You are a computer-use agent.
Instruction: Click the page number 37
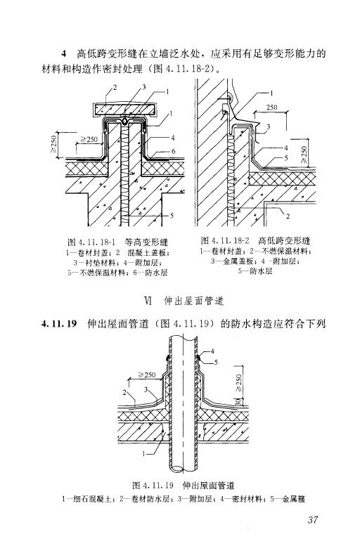pyautogui.click(x=313, y=519)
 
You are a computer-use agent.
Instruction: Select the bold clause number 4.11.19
pyautogui.click(x=59, y=323)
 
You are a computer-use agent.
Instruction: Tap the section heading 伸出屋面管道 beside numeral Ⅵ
pyautogui.click(x=194, y=301)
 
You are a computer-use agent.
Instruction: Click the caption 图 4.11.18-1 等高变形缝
pyautogui.click(x=117, y=242)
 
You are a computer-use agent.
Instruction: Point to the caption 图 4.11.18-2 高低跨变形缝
pyautogui.click(x=255, y=241)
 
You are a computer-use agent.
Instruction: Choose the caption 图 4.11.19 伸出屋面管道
pyautogui.click(x=184, y=486)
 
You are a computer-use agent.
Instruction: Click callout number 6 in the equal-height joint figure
pyautogui.click(x=173, y=151)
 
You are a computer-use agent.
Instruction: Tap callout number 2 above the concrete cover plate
pyautogui.click(x=115, y=87)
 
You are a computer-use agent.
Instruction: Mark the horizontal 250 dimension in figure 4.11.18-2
pyautogui.click(x=272, y=108)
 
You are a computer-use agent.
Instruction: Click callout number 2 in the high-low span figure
pyautogui.click(x=288, y=216)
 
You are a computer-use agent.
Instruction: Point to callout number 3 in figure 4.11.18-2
pyautogui.click(x=268, y=126)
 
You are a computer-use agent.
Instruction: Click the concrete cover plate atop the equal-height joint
pyautogui.click(x=124, y=110)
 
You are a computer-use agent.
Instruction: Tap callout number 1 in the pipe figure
pyautogui.click(x=143, y=454)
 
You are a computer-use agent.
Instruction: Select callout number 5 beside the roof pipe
pyautogui.click(x=216, y=362)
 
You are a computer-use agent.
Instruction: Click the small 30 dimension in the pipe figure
pyautogui.click(x=238, y=402)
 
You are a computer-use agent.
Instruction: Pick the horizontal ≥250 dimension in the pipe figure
pyautogui.click(x=146, y=375)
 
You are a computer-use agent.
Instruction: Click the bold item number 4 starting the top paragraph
pyautogui.click(x=64, y=53)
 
